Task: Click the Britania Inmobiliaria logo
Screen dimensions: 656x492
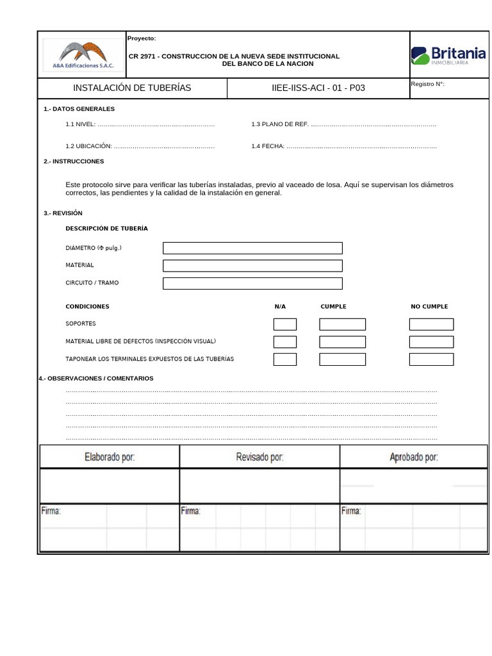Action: [448, 55]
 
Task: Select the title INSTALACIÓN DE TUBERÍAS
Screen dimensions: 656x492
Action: [132, 88]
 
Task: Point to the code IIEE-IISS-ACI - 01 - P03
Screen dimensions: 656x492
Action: [318, 88]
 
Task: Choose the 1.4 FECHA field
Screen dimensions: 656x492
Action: [361, 146]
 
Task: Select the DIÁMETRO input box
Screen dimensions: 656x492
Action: [252, 248]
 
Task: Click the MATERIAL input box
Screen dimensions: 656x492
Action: [252, 265]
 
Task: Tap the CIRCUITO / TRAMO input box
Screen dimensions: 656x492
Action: [252, 283]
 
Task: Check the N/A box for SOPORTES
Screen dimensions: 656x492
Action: [285, 324]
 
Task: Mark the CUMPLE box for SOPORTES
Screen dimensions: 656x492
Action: [342, 324]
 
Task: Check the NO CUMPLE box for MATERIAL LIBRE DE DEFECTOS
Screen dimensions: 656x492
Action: [431, 342]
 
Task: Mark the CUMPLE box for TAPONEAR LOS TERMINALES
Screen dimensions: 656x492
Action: [342, 359]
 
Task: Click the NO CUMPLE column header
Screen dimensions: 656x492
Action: [429, 307]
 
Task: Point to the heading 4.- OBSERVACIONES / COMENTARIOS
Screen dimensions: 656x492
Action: [96, 379]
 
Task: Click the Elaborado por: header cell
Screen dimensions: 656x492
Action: [110, 457]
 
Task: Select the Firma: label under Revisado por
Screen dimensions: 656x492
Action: [190, 511]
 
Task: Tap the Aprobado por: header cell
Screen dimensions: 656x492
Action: [414, 457]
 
